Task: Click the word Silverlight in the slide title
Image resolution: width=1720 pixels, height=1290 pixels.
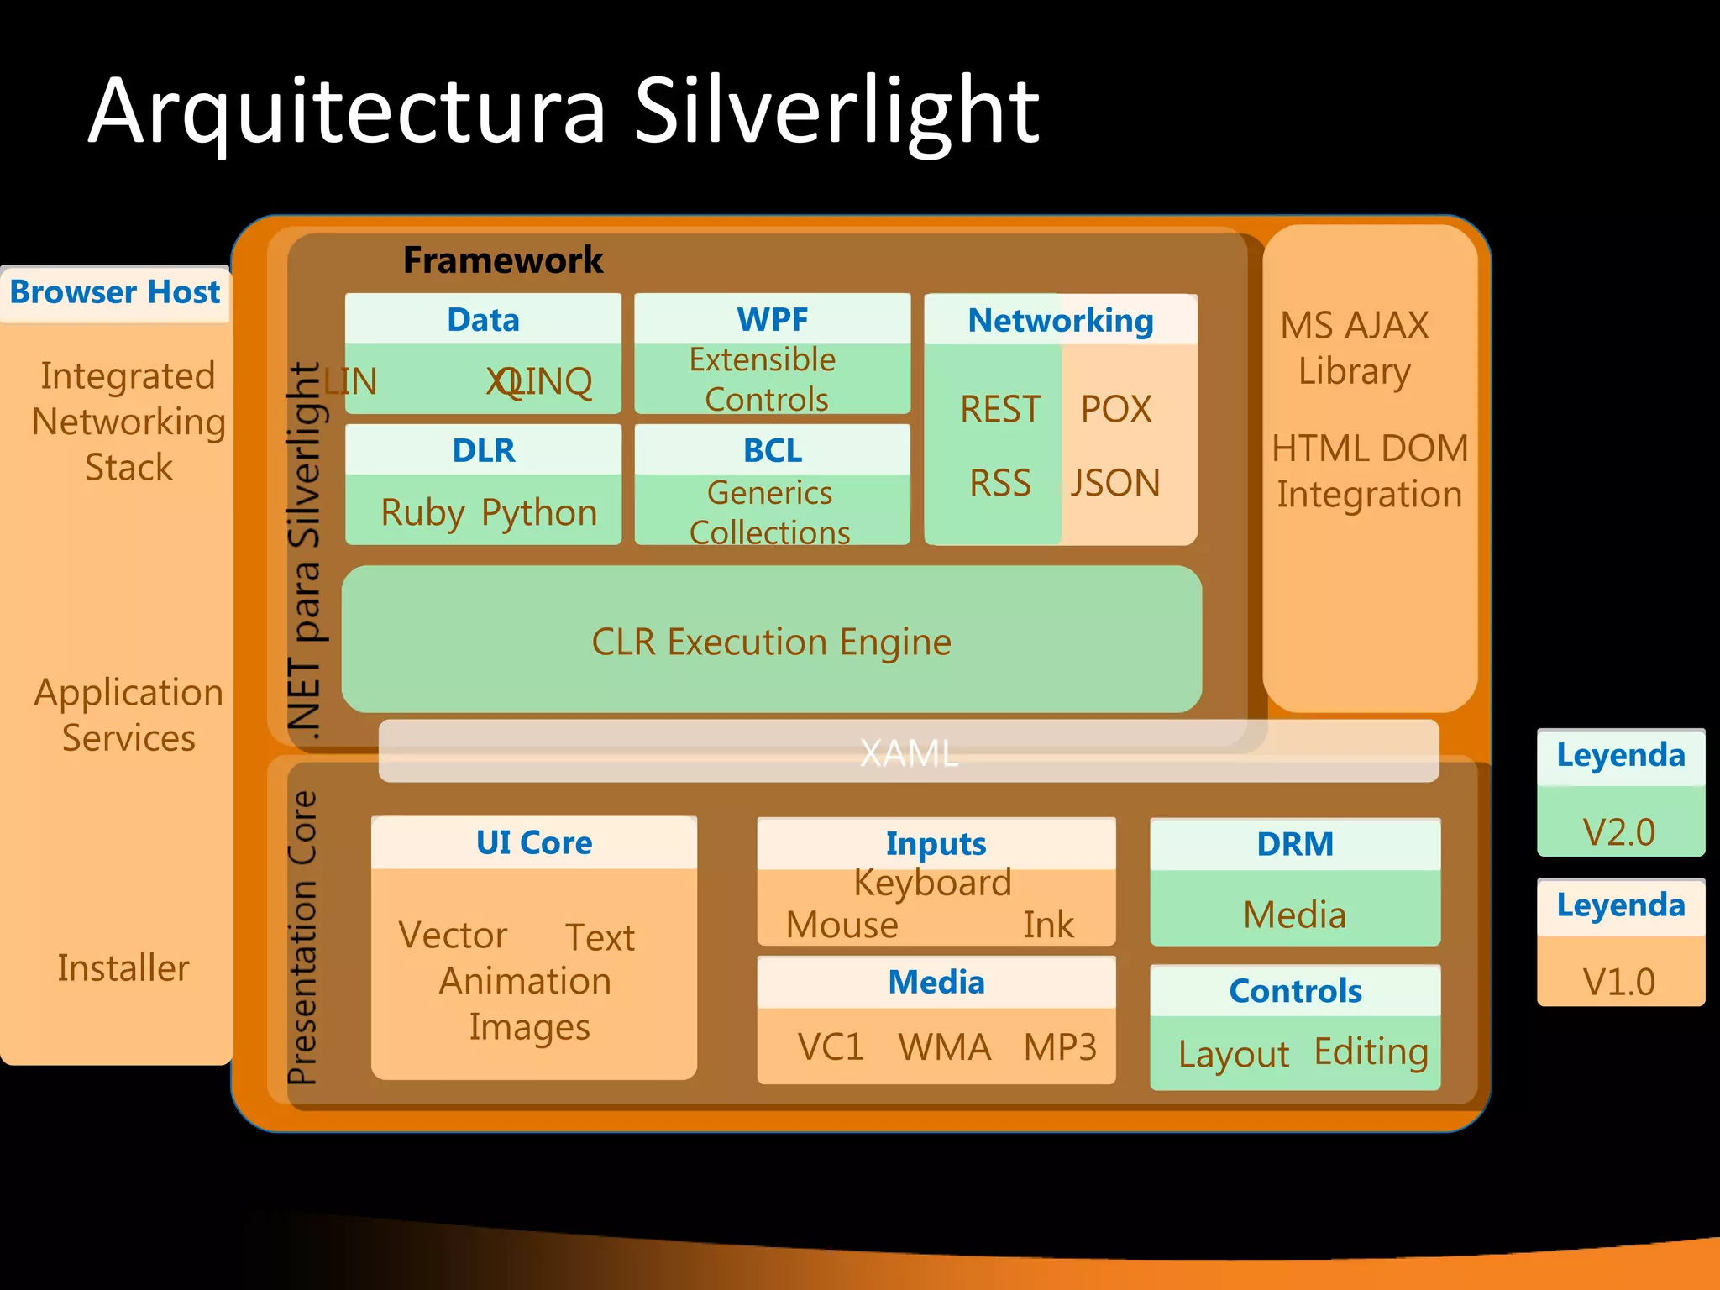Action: [x=836, y=111]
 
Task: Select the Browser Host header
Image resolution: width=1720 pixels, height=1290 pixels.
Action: [x=115, y=292]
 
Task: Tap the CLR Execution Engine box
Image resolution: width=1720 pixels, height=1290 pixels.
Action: [x=771, y=642]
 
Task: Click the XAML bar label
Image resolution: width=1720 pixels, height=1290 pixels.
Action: [x=909, y=752]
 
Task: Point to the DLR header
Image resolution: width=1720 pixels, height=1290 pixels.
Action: [x=484, y=450]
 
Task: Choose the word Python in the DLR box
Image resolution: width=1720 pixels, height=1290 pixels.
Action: [x=539, y=512]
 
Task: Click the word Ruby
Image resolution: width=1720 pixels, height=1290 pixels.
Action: [x=422, y=512]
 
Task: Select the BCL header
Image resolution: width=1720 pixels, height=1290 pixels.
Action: [x=773, y=450]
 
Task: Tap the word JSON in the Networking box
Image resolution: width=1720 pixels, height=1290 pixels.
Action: [x=1115, y=483]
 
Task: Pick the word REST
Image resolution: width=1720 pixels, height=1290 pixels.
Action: [x=1000, y=409]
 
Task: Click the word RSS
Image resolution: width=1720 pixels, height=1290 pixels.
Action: [x=1000, y=483]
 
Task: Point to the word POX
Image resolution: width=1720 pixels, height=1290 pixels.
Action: [x=1116, y=409]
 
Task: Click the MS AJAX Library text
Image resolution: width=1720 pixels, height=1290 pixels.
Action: [x=1355, y=348]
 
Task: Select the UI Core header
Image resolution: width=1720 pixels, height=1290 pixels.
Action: [x=534, y=842]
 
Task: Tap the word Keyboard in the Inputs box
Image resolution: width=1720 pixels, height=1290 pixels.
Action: [x=933, y=883]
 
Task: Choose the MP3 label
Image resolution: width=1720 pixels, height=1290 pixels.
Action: [x=1060, y=1047]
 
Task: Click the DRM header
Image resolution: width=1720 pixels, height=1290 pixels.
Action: [x=1295, y=844]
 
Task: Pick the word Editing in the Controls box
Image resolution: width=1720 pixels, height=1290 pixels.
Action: [x=1371, y=1051]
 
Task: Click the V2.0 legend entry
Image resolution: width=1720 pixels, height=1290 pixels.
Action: [x=1619, y=831]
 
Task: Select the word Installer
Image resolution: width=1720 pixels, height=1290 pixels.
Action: [x=123, y=967]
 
